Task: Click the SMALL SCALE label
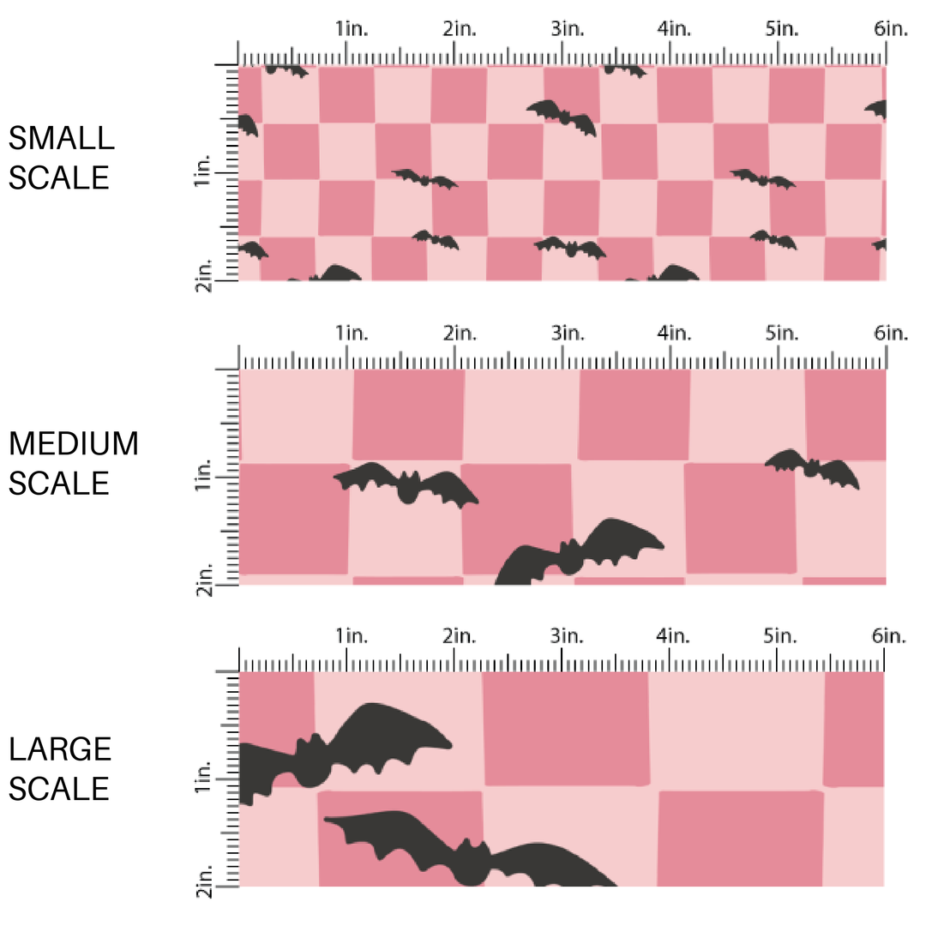pos(59,158)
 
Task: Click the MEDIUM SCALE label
pos(73,463)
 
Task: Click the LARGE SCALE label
pos(60,768)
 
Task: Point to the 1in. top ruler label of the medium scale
pos(352,333)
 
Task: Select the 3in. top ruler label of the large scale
pos(567,636)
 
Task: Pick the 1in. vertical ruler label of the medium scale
pos(203,475)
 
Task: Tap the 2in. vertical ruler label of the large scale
pos(203,878)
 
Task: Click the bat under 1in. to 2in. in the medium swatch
pos(407,484)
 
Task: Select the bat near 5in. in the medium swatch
pos(811,468)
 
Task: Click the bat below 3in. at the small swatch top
pos(562,117)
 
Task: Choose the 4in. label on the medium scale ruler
pos(674,333)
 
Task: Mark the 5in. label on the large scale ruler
pos(782,636)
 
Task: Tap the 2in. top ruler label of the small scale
pos(460,29)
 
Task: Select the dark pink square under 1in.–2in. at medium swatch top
pos(408,414)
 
